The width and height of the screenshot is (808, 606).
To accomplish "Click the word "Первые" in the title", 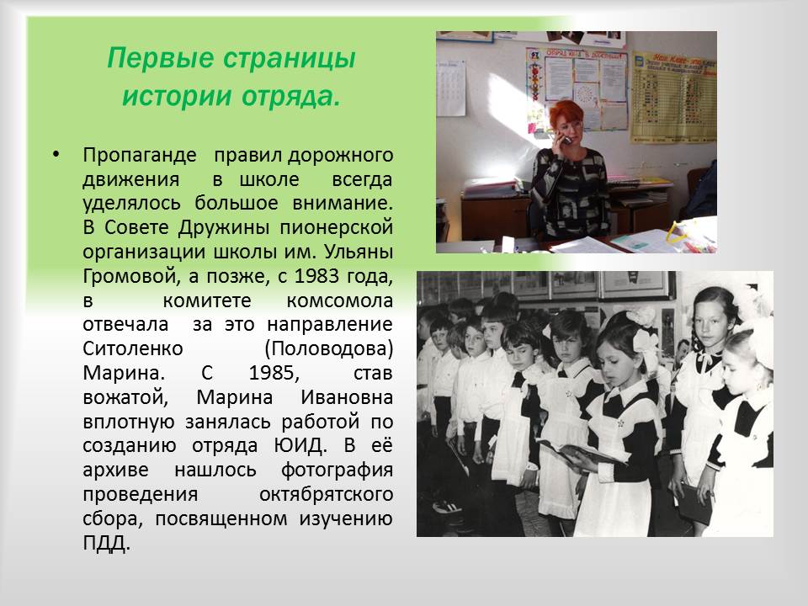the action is click(160, 58).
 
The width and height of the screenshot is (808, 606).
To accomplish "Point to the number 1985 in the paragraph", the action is click(274, 373).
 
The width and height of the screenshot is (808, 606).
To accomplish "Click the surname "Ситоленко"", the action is click(133, 348).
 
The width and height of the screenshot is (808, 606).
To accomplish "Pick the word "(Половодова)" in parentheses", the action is click(329, 348).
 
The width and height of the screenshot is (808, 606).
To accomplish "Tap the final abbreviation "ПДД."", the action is click(106, 543).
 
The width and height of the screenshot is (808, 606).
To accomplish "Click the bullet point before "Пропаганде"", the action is click(56, 154).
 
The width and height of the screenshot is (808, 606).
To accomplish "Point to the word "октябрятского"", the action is click(327, 494).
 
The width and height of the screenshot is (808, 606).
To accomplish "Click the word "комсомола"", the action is click(340, 300).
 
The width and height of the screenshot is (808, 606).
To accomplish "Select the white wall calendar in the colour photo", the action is click(451, 88).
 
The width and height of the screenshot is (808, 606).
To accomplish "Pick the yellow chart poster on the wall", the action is click(673, 97).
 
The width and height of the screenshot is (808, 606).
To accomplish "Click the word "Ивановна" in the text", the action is click(347, 397).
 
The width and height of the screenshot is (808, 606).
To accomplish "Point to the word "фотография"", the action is click(337, 470).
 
